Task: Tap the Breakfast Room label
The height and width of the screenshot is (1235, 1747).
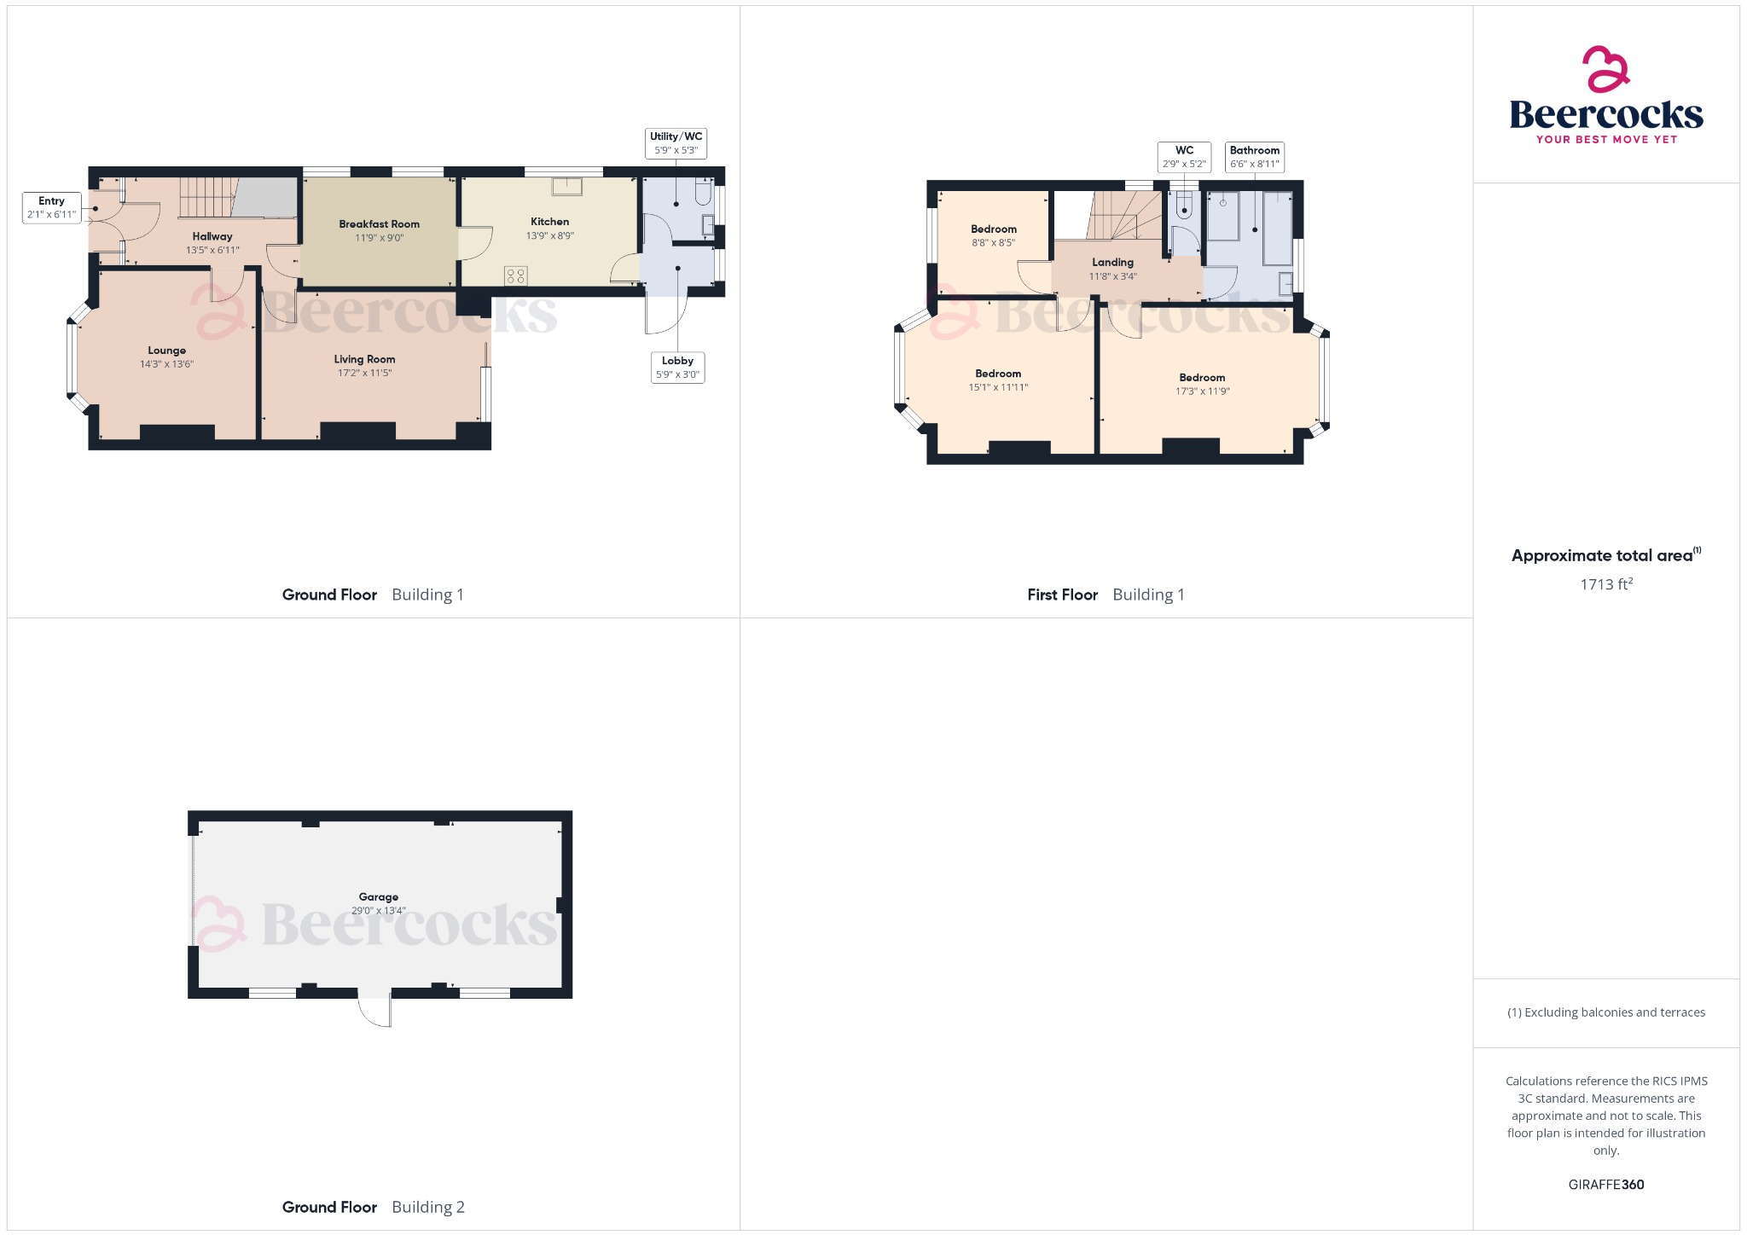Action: (379, 224)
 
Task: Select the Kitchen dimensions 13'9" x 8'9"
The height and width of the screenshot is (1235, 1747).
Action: (549, 236)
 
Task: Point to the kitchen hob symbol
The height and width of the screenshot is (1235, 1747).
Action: (515, 275)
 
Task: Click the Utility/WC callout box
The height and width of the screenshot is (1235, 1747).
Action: (676, 143)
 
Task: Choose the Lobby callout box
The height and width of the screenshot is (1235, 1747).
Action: (677, 368)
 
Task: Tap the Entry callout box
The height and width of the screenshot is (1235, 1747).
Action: (51, 207)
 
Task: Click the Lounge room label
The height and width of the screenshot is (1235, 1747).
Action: (166, 351)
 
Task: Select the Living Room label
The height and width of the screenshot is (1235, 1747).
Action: (364, 359)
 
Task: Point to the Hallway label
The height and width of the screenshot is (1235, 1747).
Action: (212, 236)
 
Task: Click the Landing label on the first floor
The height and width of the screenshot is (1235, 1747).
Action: (1112, 263)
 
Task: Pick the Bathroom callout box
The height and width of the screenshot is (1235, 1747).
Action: (1254, 157)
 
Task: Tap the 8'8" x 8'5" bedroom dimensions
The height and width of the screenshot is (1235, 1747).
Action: (993, 243)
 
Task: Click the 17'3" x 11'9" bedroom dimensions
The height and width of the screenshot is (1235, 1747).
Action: (1202, 391)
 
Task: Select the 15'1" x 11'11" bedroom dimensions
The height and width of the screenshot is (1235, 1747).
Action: (998, 387)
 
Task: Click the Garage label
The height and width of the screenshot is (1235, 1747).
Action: (379, 897)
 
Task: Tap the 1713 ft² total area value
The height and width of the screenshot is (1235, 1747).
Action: (1605, 584)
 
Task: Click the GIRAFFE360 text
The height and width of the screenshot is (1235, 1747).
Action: (1605, 1185)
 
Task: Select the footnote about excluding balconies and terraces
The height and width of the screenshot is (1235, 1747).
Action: (1605, 1012)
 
